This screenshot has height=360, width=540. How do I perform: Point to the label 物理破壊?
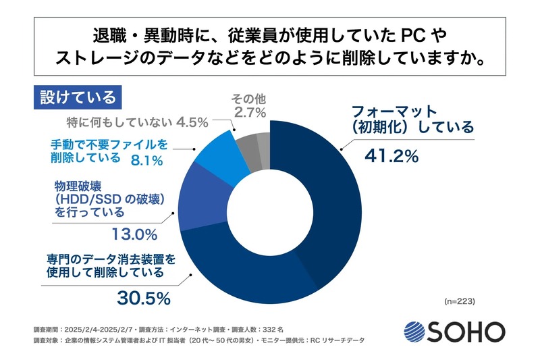(x=75, y=184)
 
